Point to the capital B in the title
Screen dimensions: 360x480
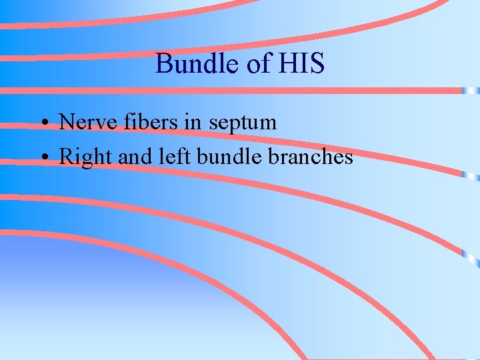tap(163, 64)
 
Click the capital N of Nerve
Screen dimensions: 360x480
tap(66, 122)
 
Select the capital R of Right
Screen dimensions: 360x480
tap(66, 157)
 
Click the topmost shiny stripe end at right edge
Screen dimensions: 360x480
tap(472, 90)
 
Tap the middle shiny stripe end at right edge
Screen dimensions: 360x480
tap(472, 176)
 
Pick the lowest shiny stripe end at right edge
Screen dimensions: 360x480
tap(472, 256)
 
